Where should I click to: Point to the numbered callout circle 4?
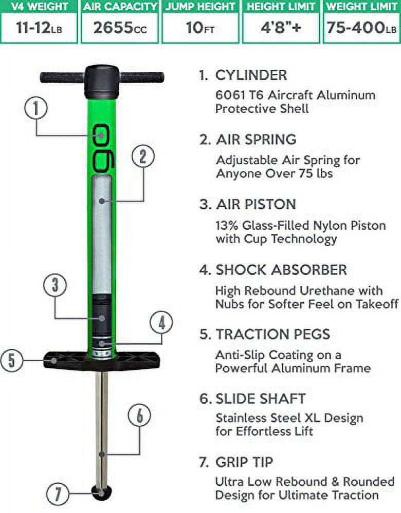(x=161, y=324)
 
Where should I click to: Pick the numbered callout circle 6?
(x=139, y=416)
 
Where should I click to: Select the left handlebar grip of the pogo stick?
(x=62, y=78)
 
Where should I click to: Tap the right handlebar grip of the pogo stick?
(x=142, y=78)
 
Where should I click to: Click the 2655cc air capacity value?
(x=119, y=28)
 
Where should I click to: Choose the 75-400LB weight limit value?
(x=361, y=28)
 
